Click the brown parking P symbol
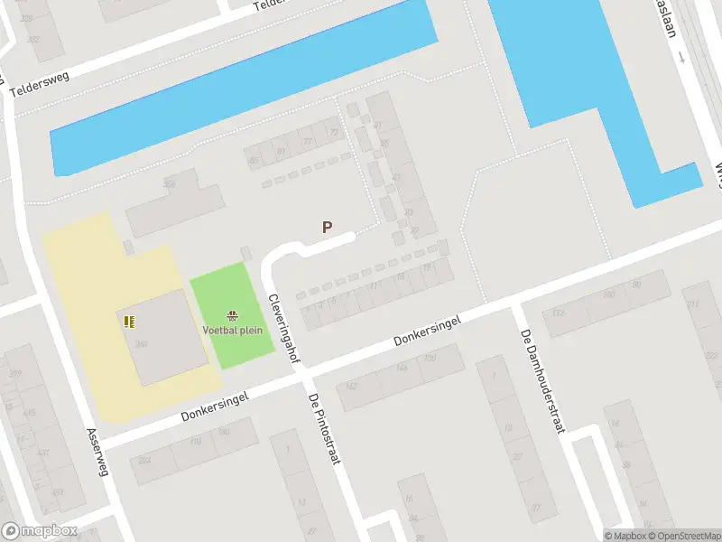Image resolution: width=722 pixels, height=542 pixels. coord(328,229)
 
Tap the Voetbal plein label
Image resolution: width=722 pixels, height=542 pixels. coord(233,330)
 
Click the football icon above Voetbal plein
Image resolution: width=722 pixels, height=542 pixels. coord(233,316)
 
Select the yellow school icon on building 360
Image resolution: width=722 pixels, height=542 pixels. coord(128,320)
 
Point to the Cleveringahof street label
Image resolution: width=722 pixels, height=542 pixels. coord(282,329)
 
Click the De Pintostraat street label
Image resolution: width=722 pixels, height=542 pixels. coord(324,429)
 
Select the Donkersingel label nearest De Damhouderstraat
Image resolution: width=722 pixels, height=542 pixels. coord(428,332)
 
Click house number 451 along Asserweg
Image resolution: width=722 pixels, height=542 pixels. coord(58,493)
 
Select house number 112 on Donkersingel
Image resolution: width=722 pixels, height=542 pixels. coord(558,313)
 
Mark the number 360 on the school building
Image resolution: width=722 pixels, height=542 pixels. coord(143,344)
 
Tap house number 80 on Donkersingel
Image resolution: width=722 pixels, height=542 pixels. coord(637,285)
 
